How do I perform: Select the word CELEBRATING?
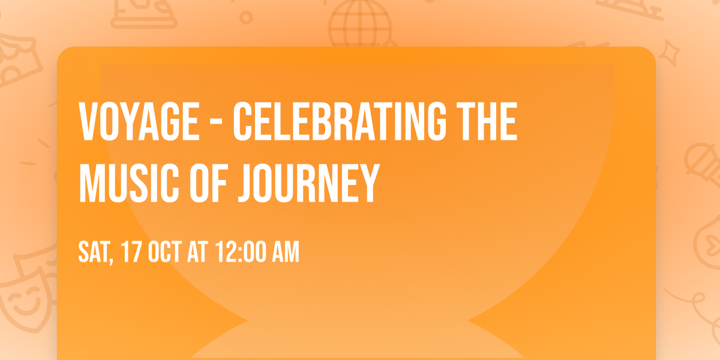[339, 121]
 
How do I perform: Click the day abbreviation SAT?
[95, 252]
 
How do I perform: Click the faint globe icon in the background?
[359, 24]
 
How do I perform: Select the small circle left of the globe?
[245, 17]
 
